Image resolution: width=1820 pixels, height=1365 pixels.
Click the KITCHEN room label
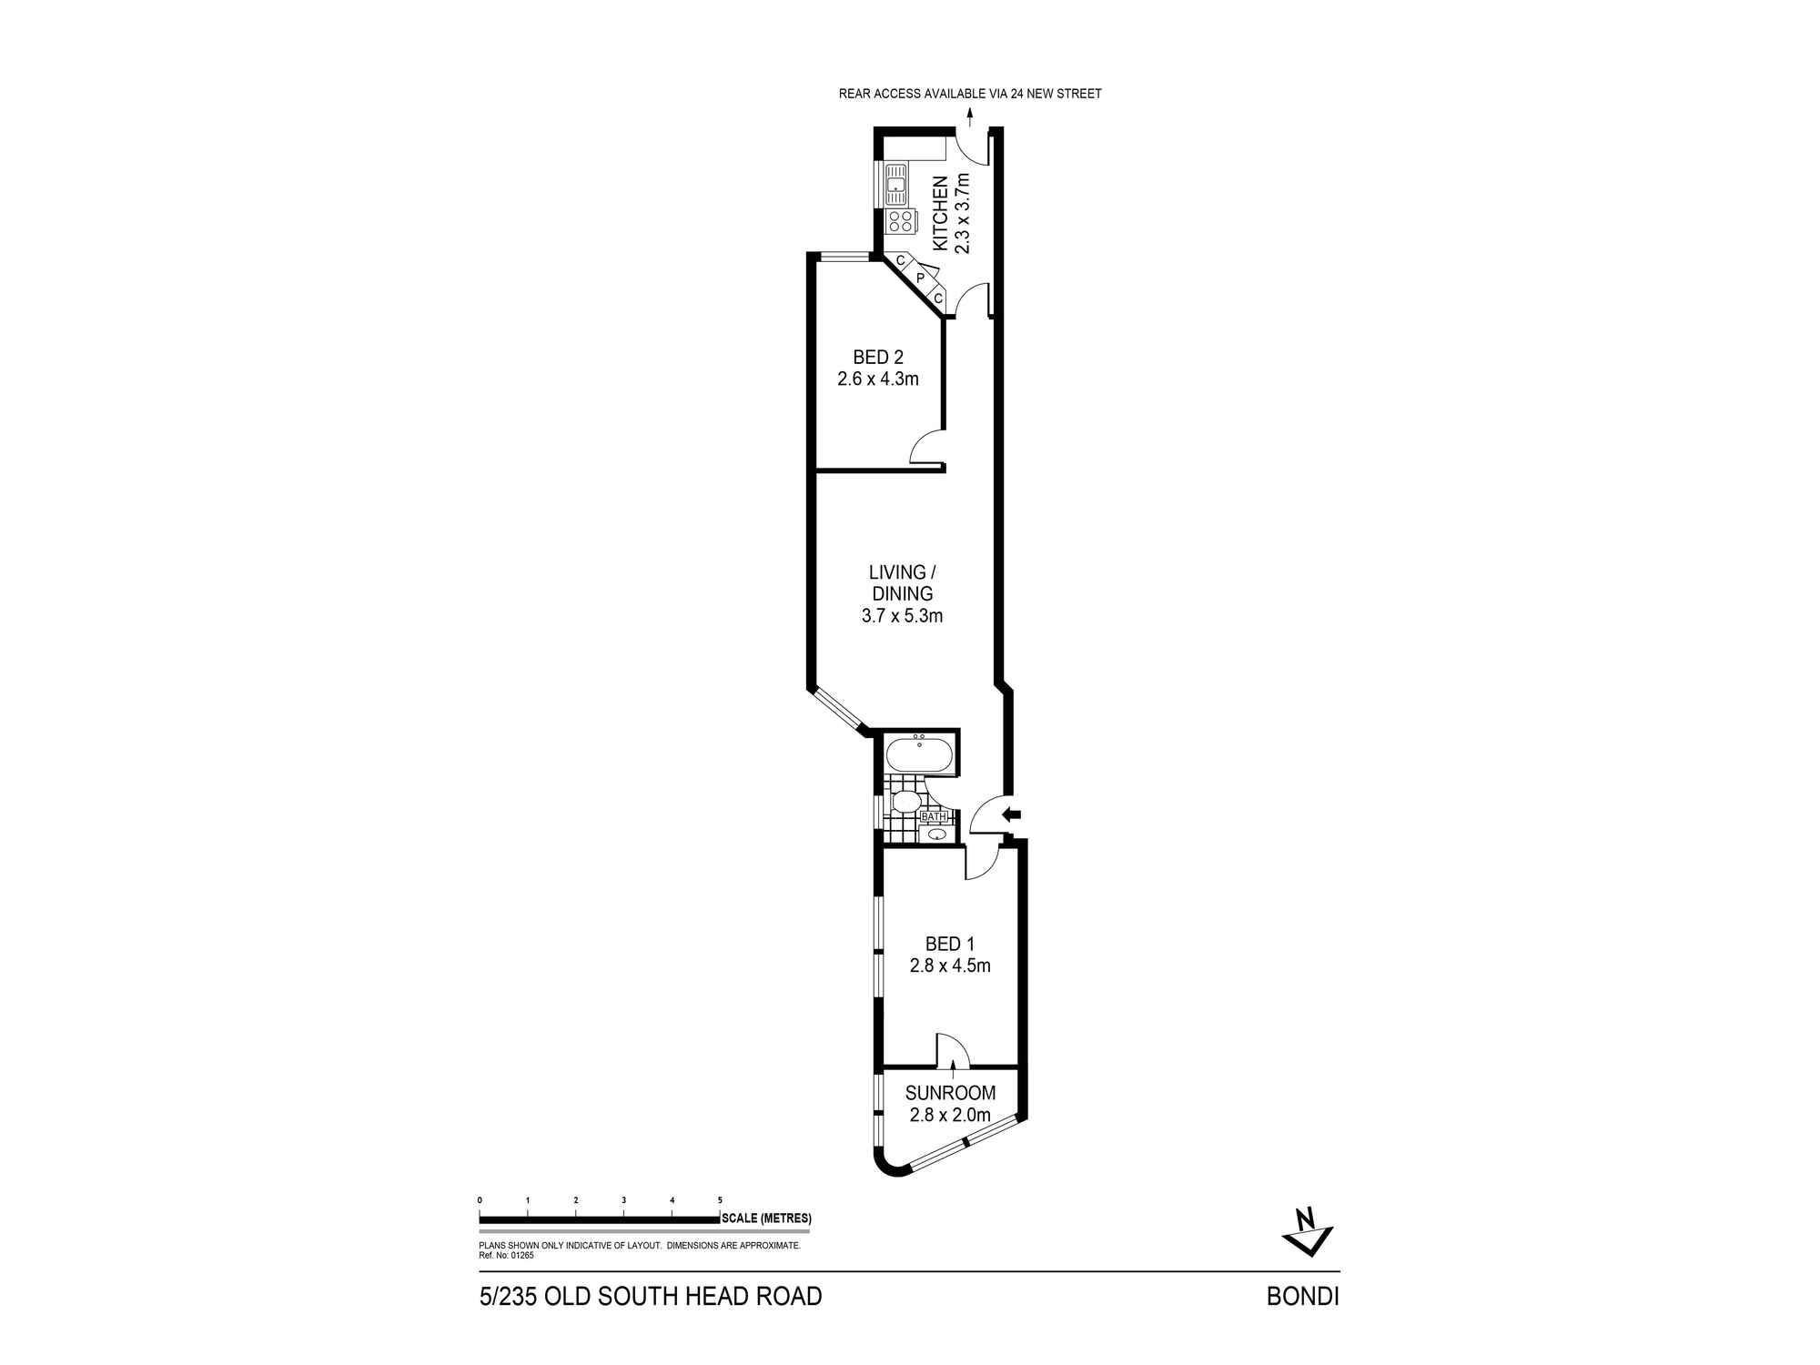(941, 214)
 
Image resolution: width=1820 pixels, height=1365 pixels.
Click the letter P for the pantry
(920, 278)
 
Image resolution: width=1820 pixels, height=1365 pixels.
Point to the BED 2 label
(878, 358)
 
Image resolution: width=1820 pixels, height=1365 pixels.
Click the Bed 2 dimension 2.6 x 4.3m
(878, 379)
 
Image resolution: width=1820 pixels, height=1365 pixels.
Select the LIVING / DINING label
(902, 582)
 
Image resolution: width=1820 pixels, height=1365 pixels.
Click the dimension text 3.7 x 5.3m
(902, 616)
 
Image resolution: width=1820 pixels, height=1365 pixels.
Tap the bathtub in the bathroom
(919, 755)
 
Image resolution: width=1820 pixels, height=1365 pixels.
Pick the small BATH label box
(935, 816)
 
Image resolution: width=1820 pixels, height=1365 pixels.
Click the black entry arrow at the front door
(1012, 814)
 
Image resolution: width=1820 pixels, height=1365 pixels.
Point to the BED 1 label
(949, 945)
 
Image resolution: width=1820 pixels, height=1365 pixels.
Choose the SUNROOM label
(950, 1093)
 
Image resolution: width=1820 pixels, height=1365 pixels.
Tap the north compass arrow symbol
(1308, 1232)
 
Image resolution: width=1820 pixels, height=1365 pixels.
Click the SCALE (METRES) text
(766, 1218)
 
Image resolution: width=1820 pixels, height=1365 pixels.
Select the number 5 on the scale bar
(720, 1200)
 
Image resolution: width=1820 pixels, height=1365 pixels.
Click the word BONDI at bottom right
(1302, 1297)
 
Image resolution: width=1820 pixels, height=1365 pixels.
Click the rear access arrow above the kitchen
(970, 116)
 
